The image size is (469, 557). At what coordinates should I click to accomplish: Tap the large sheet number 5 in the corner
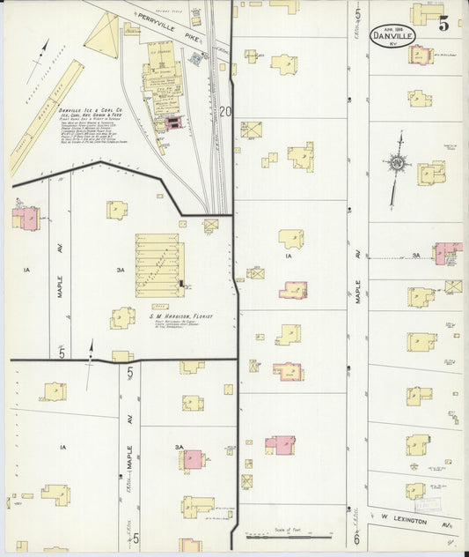443,24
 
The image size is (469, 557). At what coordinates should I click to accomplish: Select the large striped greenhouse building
159,264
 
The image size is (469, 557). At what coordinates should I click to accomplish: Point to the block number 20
226,111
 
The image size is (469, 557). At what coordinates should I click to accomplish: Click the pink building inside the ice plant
172,123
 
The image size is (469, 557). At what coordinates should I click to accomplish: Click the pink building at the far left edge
25,218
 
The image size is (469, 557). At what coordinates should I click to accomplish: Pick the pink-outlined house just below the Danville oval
420,54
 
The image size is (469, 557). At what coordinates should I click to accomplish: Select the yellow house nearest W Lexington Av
415,491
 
